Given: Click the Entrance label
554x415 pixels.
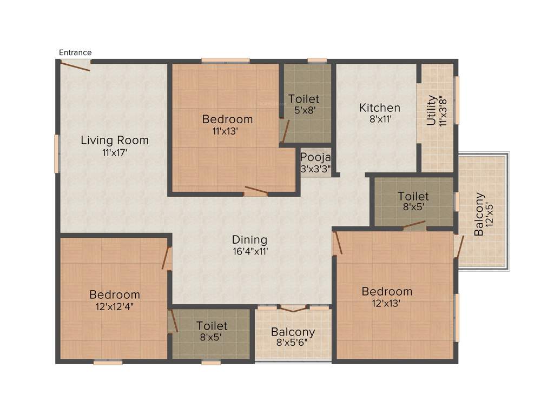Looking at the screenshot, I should (x=75, y=52).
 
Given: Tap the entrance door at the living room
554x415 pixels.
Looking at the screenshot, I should (x=75, y=65).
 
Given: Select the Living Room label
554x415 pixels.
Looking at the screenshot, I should (x=115, y=140).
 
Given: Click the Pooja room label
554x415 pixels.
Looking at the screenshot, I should (x=312, y=157).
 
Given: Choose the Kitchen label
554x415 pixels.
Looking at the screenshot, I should (x=380, y=108).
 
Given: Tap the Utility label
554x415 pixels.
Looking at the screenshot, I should (x=431, y=110).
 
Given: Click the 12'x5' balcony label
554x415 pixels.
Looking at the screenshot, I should (x=479, y=214).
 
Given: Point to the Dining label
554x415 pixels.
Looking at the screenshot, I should (x=249, y=239).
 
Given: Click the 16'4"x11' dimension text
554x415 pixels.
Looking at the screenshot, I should (x=249, y=251).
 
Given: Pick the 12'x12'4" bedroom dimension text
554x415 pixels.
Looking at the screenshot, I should (x=114, y=306).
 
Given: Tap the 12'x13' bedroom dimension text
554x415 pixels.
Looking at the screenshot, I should (x=387, y=303).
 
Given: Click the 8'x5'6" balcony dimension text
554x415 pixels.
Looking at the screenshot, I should (x=293, y=343).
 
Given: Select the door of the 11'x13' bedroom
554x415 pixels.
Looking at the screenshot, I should (x=256, y=191).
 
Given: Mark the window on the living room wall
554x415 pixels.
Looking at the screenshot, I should (x=57, y=153).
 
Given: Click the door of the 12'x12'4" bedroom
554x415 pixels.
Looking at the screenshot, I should (x=167, y=258).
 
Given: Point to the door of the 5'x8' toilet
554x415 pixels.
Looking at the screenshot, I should (x=285, y=130).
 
